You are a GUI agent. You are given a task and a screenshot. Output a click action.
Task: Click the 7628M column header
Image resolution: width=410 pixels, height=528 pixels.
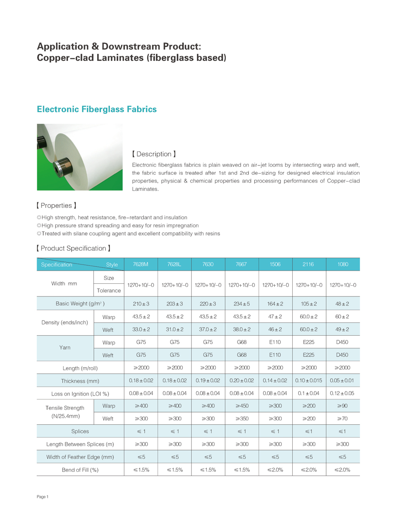point(140,264)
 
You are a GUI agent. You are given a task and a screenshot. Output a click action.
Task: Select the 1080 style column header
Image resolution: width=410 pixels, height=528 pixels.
point(343,264)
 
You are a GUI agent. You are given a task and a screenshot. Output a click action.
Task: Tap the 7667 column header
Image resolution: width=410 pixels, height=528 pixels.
point(242,264)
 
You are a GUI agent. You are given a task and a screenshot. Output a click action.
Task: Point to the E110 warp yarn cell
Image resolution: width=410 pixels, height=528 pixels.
point(275,341)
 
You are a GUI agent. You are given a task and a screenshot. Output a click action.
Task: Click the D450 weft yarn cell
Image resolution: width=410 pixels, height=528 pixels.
point(343,354)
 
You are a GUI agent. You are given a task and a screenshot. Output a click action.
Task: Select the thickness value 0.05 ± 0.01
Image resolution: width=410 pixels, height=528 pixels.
point(343,380)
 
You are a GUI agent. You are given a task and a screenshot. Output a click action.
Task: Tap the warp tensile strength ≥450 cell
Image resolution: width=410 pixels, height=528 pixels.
point(242,405)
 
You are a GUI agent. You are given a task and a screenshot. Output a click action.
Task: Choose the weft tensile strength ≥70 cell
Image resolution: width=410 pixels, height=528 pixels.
point(343,418)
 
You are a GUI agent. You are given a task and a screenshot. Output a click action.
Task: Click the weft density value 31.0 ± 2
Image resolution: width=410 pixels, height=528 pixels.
point(174,329)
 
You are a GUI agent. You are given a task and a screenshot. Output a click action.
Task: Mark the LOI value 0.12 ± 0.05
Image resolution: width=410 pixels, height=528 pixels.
point(343,393)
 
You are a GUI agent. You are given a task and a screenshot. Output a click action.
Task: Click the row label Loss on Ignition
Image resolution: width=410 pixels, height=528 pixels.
point(80,393)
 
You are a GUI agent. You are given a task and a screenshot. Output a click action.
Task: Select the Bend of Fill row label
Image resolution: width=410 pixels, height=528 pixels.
point(80,470)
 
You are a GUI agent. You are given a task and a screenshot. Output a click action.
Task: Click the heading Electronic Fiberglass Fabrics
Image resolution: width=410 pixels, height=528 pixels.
point(97,109)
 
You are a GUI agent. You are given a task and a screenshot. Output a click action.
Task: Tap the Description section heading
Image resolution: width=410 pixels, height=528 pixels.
point(154,154)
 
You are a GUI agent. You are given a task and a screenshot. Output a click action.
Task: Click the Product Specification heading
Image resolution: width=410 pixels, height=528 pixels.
point(74,248)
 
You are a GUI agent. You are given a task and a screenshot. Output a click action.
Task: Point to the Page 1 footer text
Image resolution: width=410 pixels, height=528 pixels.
point(43,497)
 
